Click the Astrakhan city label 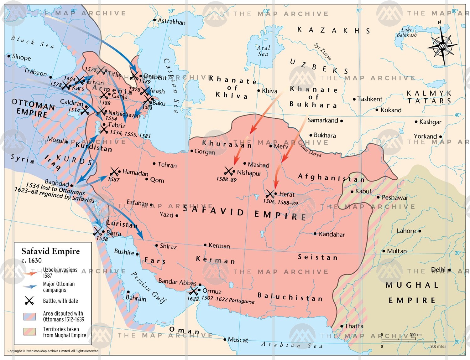(x=171, y=22)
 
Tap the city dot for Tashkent (x=354, y=99)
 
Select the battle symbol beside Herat (x=270, y=194)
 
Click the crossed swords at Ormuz (x=193, y=291)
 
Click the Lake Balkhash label (x=407, y=32)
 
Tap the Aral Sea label (x=263, y=51)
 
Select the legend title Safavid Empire (x=50, y=251)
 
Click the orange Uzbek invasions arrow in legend (x=30, y=273)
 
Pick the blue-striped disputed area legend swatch (x=30, y=316)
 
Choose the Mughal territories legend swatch (x=30, y=332)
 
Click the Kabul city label (x=363, y=191)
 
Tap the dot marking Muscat (x=225, y=339)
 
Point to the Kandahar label (x=332, y=234)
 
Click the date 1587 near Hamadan (x=113, y=179)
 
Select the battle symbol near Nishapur (x=229, y=171)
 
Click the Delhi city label (x=438, y=270)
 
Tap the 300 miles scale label (x=438, y=346)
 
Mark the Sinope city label (x=21, y=57)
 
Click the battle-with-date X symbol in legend (x=29, y=301)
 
